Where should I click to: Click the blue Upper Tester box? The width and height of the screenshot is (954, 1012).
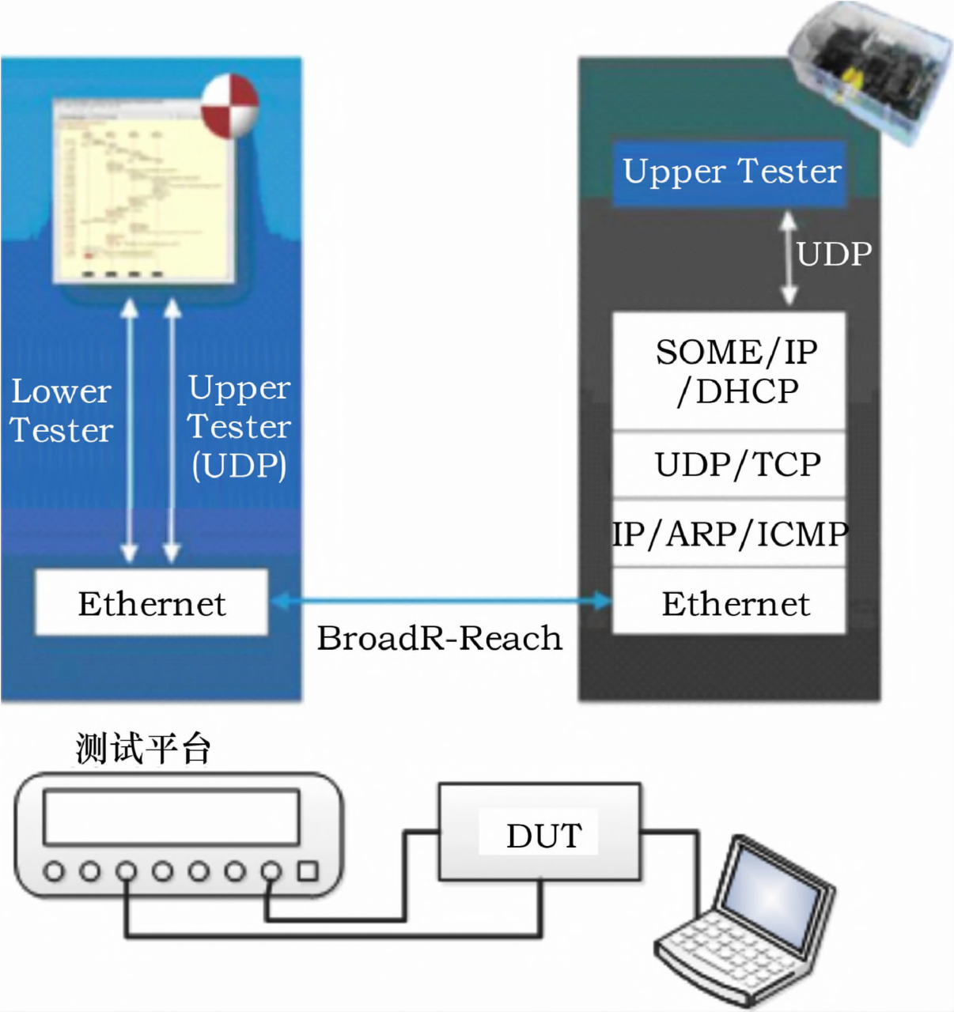[729, 173]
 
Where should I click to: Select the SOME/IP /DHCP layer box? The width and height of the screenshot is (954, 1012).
[729, 372]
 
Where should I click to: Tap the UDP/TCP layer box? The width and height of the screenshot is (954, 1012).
[729, 465]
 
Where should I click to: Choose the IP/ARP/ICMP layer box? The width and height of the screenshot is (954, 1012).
[729, 534]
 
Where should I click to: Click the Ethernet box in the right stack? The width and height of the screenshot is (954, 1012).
[729, 603]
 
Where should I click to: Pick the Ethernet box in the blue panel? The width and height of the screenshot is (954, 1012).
[152, 603]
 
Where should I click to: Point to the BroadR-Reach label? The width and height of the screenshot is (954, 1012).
[440, 638]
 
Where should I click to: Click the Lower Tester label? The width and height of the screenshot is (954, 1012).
[62, 411]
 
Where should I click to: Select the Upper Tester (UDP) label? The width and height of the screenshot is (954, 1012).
[239, 427]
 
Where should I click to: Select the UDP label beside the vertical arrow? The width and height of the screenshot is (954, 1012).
[834, 255]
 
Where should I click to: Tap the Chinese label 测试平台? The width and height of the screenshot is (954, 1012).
[143, 748]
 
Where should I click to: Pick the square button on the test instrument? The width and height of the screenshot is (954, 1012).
[307, 871]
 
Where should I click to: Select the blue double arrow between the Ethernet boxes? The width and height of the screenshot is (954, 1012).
[441, 602]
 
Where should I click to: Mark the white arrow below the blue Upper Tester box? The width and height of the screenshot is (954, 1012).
[788, 258]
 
